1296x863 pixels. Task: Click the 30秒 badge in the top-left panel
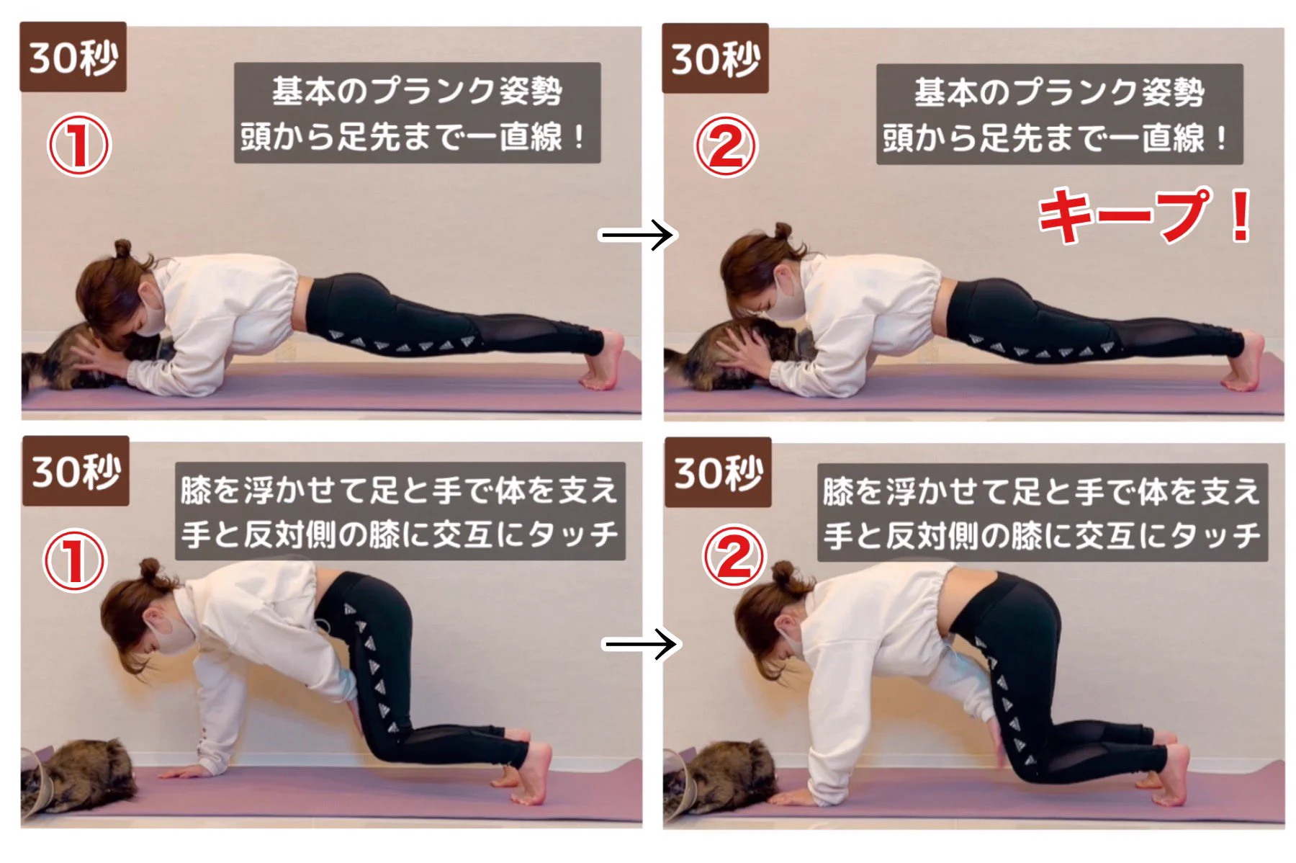73,57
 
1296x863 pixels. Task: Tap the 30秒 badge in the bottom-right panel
718,473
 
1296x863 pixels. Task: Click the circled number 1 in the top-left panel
78,145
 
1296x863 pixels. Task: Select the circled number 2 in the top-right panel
726,146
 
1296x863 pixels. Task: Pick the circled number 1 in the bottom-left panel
75,560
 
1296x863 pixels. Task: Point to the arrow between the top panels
636,235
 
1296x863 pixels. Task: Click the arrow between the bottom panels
639,643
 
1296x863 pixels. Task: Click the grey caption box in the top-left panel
417,113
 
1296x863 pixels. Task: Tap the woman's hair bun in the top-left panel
122,249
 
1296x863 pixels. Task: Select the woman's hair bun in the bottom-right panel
782,573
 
